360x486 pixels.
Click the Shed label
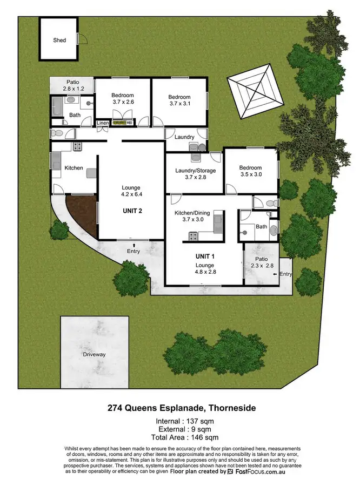click(x=59, y=40)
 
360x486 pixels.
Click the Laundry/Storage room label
click(x=195, y=171)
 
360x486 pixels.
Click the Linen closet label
click(x=103, y=124)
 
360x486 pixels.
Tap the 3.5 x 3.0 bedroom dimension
click(x=250, y=175)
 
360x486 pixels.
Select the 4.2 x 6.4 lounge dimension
click(x=131, y=194)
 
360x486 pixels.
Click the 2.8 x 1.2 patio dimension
click(x=73, y=88)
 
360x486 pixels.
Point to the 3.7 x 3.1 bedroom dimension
click(x=179, y=104)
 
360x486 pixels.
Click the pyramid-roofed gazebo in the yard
click(x=255, y=90)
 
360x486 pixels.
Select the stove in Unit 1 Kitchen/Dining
click(x=192, y=235)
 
